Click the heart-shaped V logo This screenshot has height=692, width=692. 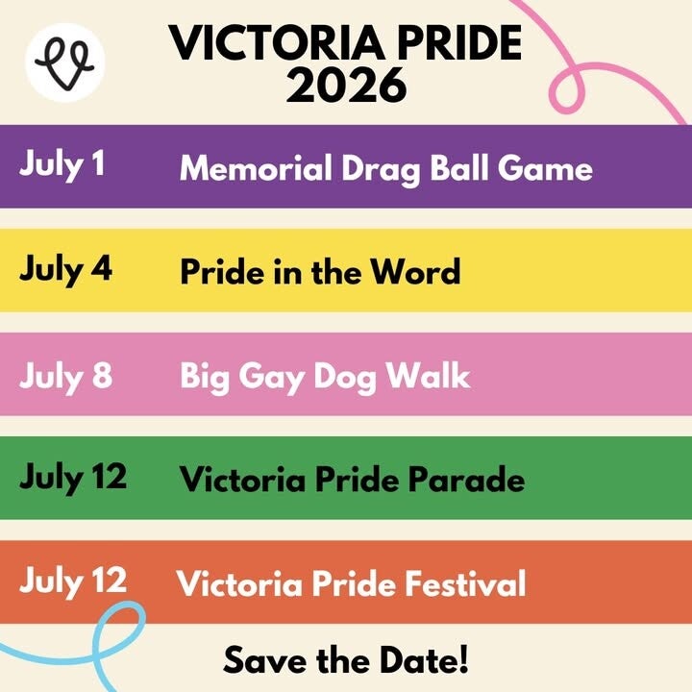(65, 63)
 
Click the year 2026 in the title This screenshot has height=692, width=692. (346, 86)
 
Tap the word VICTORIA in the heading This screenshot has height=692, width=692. (277, 43)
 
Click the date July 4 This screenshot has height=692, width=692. (65, 270)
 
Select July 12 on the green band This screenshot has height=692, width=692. (73, 479)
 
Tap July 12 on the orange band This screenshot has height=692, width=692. (73, 582)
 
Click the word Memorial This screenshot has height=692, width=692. (256, 168)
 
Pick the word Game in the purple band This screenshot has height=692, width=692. (545, 169)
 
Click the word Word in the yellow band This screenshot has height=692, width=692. (415, 271)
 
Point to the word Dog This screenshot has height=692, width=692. (345, 378)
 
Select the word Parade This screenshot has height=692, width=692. (466, 479)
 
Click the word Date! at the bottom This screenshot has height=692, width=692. (424, 660)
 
